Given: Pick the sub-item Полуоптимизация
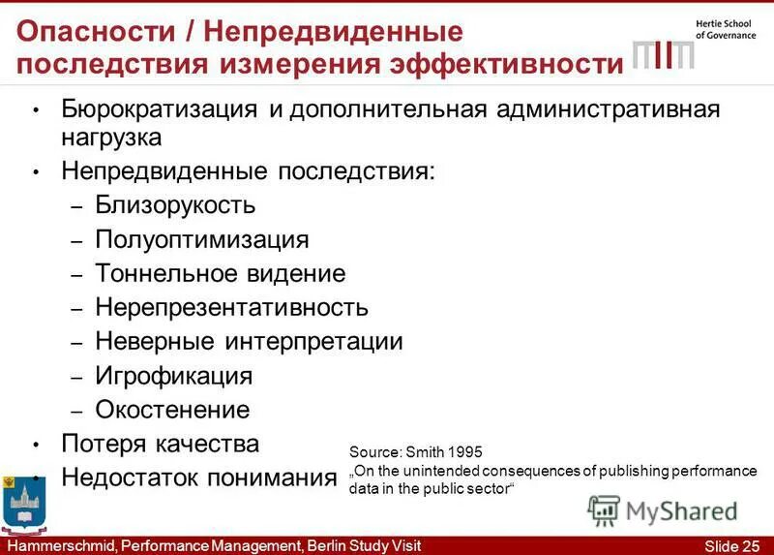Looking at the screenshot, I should pyautogui.click(x=202, y=239).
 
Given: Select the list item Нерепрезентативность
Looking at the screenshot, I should pyautogui.click(x=231, y=307).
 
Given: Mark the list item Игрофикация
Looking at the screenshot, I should pyautogui.click(x=173, y=375).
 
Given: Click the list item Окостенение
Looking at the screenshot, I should pyautogui.click(x=172, y=409).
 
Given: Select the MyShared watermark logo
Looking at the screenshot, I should pyautogui.click(x=664, y=510).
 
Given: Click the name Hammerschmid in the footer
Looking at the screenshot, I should pyautogui.click(x=57, y=545).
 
